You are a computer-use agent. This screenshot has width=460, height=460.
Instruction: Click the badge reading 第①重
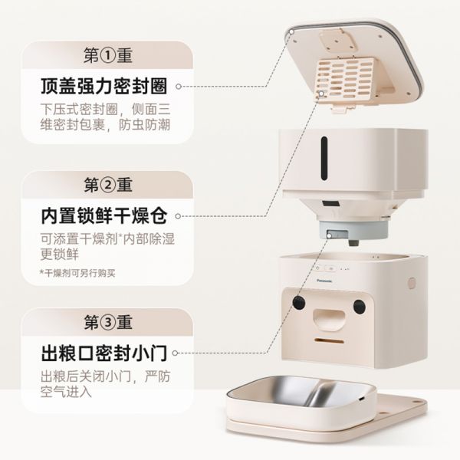click(x=107, y=54)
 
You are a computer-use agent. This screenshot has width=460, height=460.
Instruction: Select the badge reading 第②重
click(x=107, y=185)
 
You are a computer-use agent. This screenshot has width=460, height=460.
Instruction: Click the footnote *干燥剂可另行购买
click(x=77, y=273)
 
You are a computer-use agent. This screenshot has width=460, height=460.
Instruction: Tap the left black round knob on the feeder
click(x=298, y=305)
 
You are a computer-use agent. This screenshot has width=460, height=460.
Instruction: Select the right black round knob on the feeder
click(x=358, y=307)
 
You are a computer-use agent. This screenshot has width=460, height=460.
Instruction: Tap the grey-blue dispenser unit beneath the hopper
click(x=336, y=231)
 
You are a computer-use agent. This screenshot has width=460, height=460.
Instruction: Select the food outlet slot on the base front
click(x=329, y=338)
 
